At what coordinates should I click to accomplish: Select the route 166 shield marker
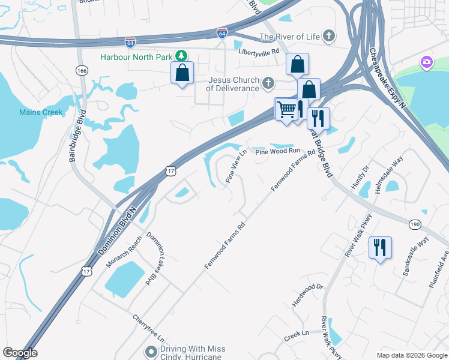pyautogui.click(x=81, y=71)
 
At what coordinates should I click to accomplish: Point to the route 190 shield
pyautogui.click(x=415, y=224)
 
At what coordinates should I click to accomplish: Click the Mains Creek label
pyautogui.click(x=41, y=112)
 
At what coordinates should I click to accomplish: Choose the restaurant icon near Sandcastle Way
pyautogui.click(x=379, y=247)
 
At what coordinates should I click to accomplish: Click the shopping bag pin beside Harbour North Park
pyautogui.click(x=182, y=73)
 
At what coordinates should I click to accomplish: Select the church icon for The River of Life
pyautogui.click(x=328, y=37)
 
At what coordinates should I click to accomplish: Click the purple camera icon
pyautogui.click(x=426, y=61)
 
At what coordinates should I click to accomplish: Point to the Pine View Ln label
pyautogui.click(x=236, y=167)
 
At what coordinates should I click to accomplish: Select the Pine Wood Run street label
pyautogui.click(x=277, y=152)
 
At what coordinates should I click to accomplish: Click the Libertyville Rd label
pyautogui.click(x=259, y=52)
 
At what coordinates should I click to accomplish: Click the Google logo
pyautogui.click(x=20, y=353)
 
